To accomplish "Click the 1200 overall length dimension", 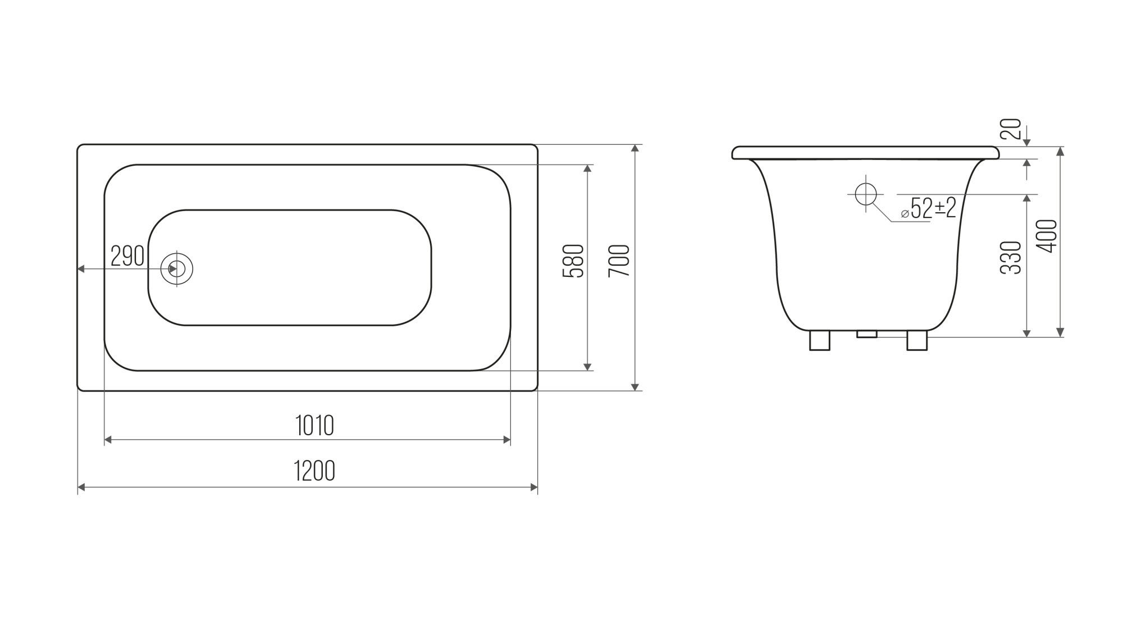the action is pyautogui.click(x=314, y=471).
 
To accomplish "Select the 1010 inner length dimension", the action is pyautogui.click(x=314, y=426).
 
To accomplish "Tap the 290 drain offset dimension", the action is pyautogui.click(x=127, y=256).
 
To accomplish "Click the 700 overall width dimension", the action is pyautogui.click(x=619, y=261).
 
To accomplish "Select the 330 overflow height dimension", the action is pyautogui.click(x=1011, y=257).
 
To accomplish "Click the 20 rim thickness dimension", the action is pyautogui.click(x=1011, y=129).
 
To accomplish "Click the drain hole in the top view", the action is pyautogui.click(x=177, y=269).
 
